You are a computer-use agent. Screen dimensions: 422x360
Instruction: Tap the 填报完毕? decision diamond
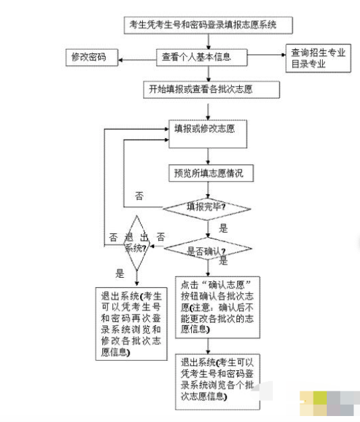tap(209, 207)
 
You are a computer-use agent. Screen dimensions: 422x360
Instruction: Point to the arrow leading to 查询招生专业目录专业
tap(266, 54)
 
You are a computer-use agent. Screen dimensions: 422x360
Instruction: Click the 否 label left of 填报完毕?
tap(139, 196)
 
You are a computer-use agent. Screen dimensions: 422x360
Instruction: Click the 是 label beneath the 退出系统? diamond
tap(120, 272)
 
